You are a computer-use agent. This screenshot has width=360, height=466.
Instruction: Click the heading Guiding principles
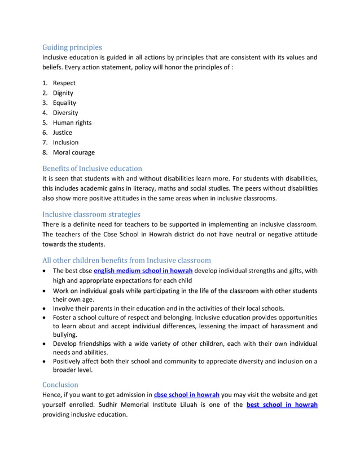click(72, 47)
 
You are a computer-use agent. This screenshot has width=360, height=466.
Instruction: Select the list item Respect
click(64, 83)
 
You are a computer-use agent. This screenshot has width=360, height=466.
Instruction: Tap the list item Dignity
click(63, 93)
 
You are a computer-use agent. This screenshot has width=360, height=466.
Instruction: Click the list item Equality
click(64, 103)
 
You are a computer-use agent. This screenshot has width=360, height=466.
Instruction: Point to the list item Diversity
click(65, 113)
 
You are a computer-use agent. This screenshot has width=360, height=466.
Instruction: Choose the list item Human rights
click(72, 122)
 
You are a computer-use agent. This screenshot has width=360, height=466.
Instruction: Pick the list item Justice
click(62, 133)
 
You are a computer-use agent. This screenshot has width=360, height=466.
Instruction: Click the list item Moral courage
click(73, 152)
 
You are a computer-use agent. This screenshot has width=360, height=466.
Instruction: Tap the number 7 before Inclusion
click(45, 142)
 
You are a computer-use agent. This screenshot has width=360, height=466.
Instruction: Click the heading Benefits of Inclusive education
click(92, 168)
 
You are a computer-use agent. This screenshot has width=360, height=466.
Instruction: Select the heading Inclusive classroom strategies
click(91, 214)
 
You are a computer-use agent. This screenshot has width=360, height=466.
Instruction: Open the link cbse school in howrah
click(187, 395)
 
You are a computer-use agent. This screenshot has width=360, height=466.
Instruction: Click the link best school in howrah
click(282, 405)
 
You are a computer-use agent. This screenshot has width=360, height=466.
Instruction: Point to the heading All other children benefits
click(126, 260)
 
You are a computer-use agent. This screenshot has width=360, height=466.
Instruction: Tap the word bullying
click(65, 335)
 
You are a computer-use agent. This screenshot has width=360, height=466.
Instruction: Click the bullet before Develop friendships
click(46, 344)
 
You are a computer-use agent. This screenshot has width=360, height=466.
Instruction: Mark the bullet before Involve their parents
click(46, 308)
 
